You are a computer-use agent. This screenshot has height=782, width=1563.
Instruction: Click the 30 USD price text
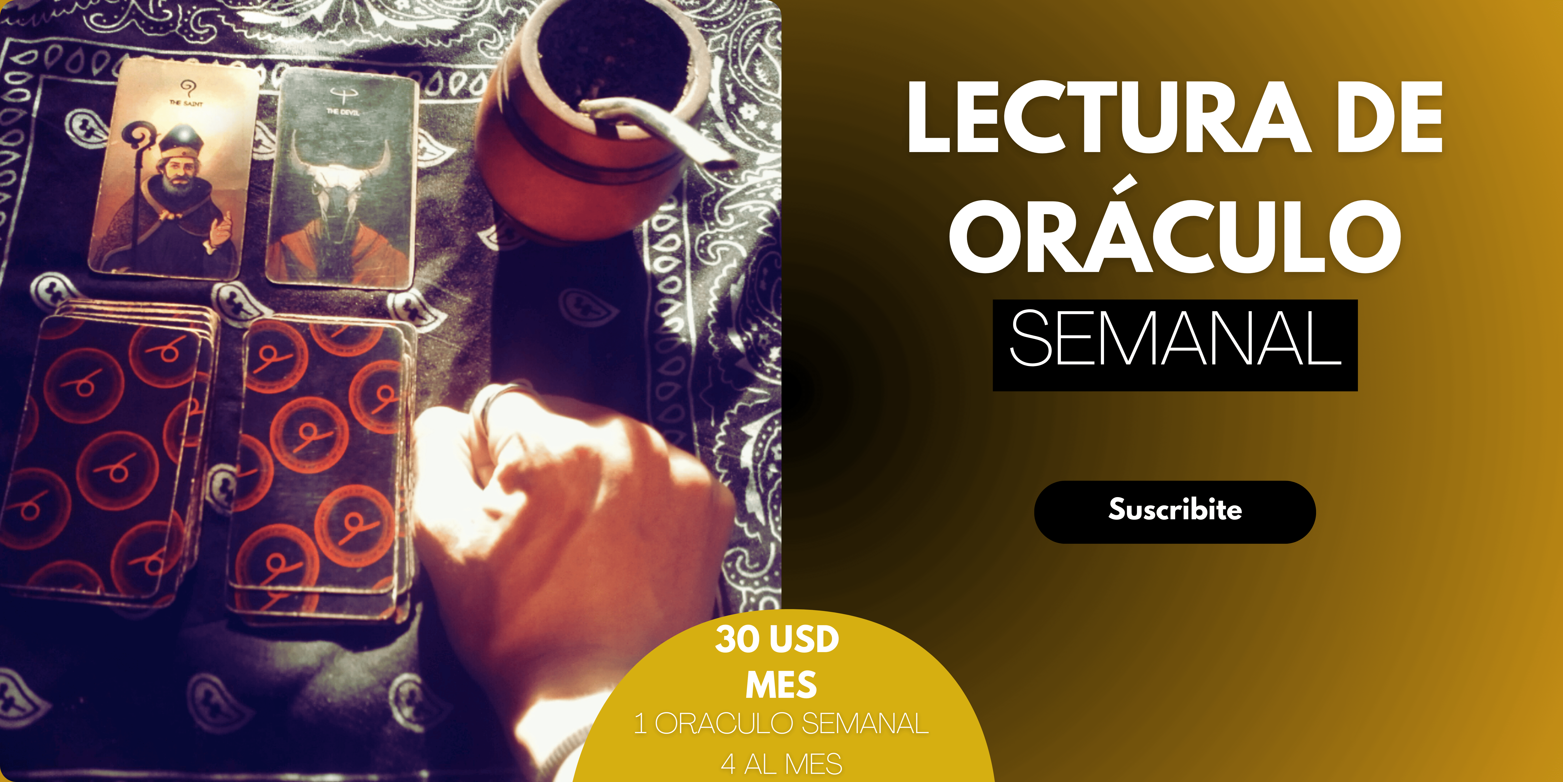(x=777, y=639)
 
